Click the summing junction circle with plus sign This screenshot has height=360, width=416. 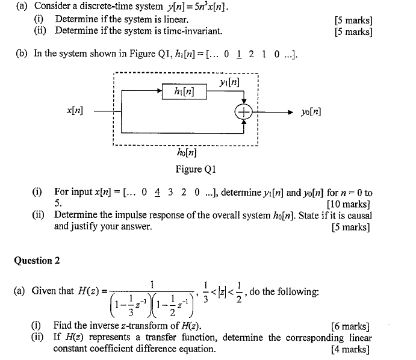click(x=244, y=112)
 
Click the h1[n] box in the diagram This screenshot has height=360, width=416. click(x=184, y=92)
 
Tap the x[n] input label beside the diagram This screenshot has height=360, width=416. click(x=75, y=111)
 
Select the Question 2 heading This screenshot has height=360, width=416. click(x=37, y=261)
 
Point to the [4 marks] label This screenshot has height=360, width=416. click(x=350, y=349)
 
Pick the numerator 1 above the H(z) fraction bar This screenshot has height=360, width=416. click(x=153, y=284)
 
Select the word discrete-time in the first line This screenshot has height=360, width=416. click(x=98, y=7)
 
